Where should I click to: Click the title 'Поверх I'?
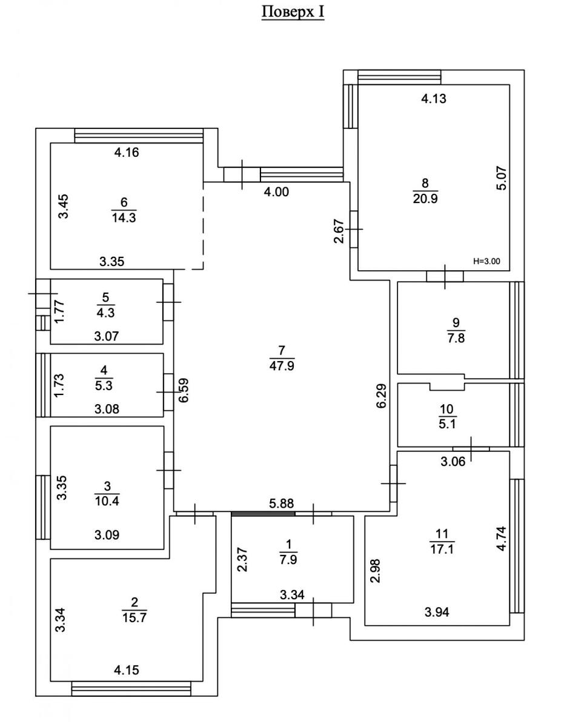(293, 12)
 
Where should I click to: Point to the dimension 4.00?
(276, 192)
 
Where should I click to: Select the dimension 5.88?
(282, 502)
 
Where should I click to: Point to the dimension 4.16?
(126, 153)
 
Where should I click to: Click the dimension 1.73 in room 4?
(59, 385)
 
